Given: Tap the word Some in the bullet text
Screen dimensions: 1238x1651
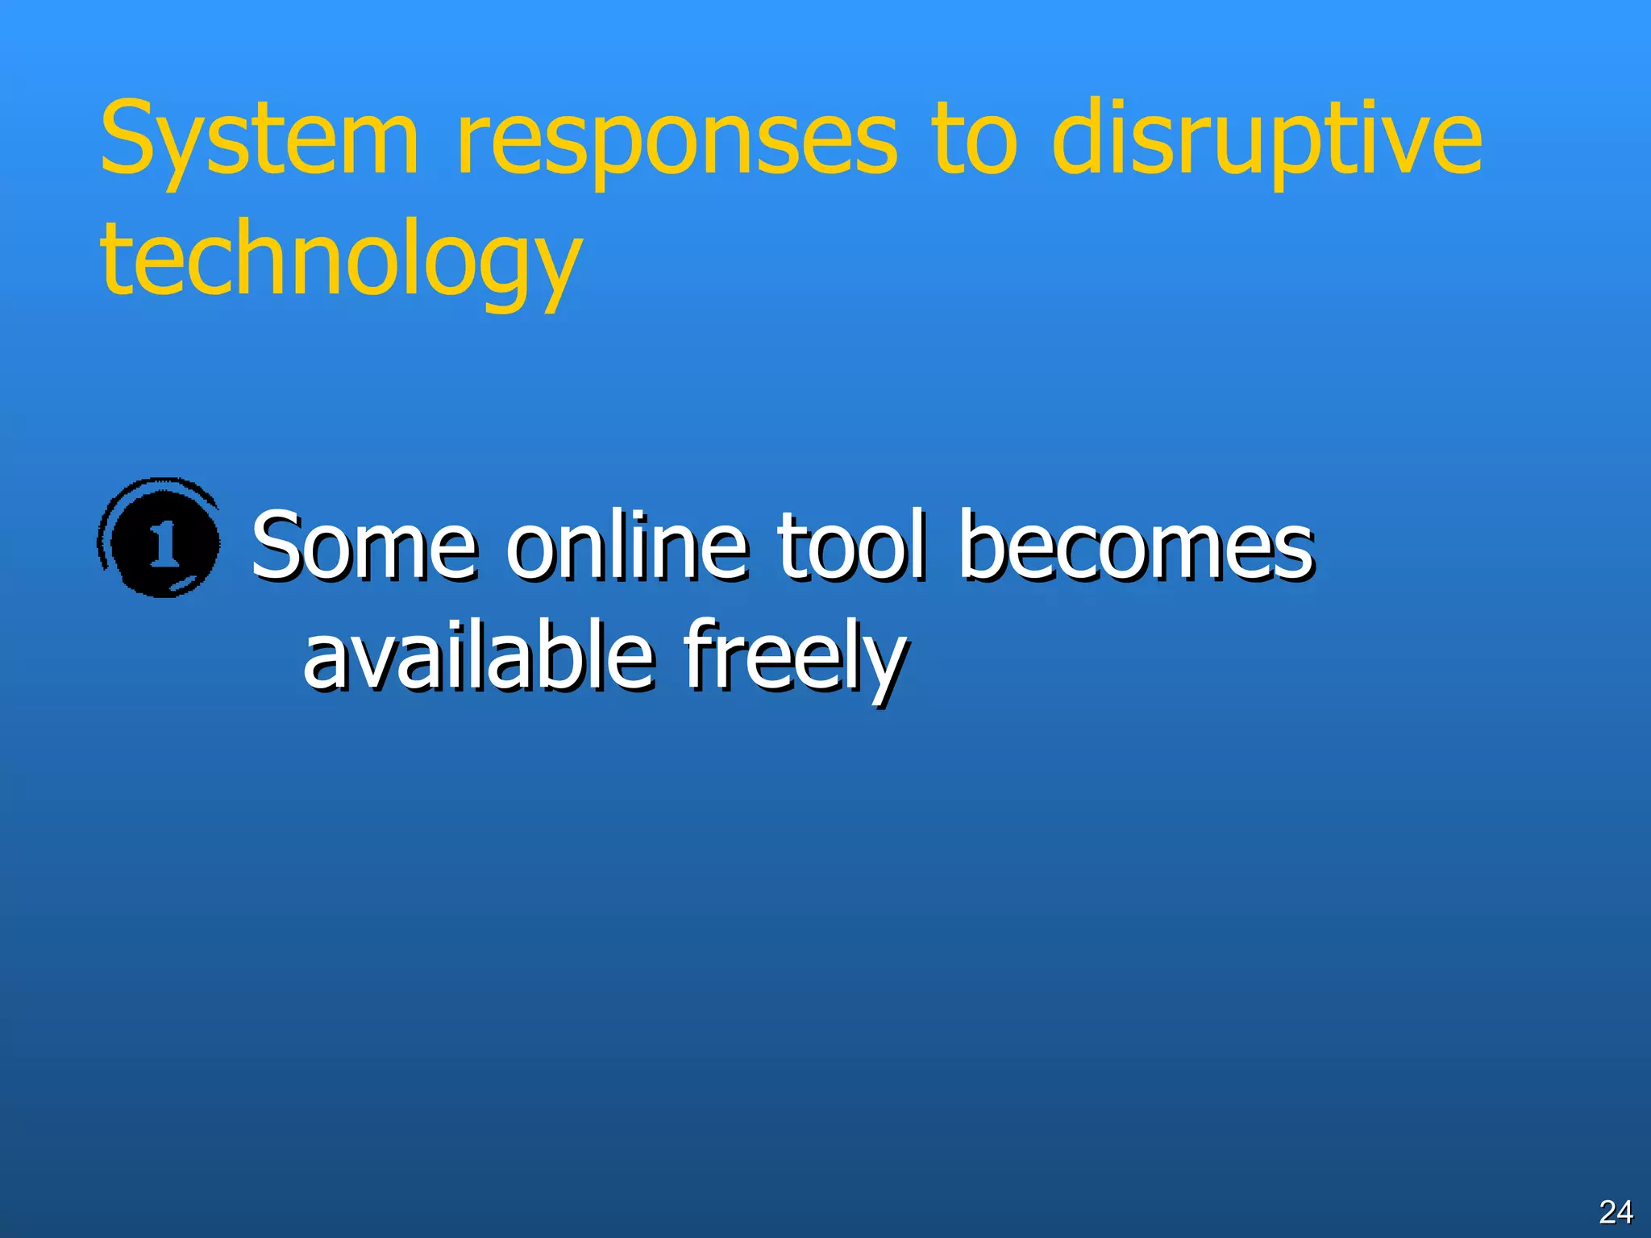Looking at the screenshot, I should [364, 546].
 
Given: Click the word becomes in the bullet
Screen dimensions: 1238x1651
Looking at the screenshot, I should [1137, 546].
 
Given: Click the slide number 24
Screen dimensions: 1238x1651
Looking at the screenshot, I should [1616, 1211].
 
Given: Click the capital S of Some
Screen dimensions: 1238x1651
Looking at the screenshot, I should [279, 546].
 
